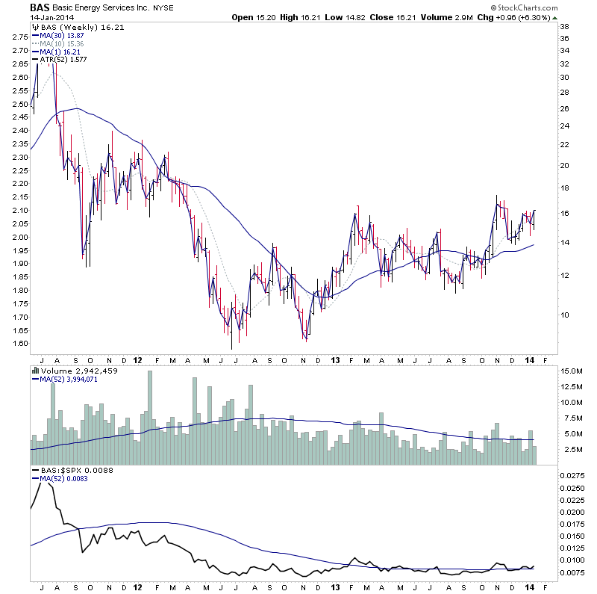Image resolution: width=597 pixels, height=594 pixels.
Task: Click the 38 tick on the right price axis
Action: tap(565, 26)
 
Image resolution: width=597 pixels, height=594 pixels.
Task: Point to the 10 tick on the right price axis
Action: tap(565, 315)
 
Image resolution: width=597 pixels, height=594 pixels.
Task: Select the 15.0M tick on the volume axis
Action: tap(571, 371)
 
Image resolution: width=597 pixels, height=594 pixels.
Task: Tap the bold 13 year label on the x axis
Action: tap(333, 359)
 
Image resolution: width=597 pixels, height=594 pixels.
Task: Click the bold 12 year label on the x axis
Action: tap(137, 359)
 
